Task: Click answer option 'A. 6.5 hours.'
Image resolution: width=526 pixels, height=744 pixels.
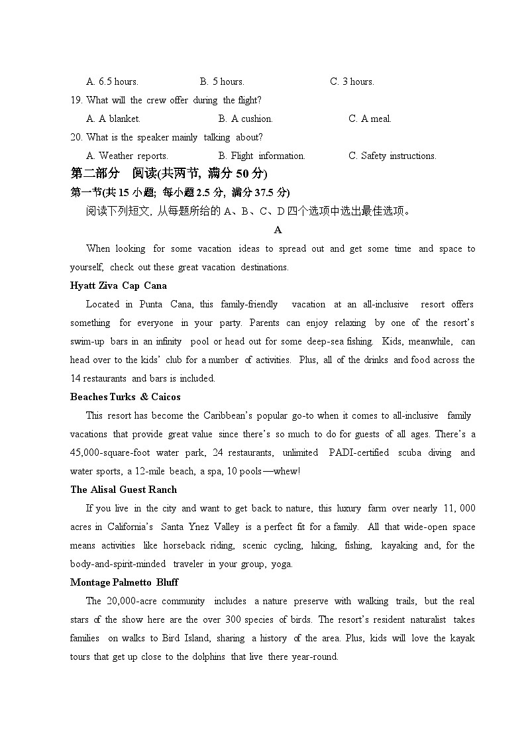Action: click(x=112, y=81)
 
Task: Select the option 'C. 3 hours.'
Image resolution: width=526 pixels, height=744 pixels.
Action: click(x=352, y=81)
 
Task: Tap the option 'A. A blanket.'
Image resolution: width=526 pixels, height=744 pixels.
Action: click(x=113, y=119)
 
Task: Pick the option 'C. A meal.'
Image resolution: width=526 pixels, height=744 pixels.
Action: click(x=370, y=119)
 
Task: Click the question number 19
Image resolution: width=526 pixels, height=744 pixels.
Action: click(x=76, y=100)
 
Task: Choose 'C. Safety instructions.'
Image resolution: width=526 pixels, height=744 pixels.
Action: click(x=392, y=156)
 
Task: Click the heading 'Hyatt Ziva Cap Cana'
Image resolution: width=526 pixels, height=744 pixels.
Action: click(x=119, y=286)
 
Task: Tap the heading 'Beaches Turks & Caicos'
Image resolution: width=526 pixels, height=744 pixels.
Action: click(x=125, y=397)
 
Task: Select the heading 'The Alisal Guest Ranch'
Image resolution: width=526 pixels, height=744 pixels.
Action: click(x=124, y=490)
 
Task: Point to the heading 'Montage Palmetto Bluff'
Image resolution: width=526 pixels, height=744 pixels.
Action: click(x=124, y=582)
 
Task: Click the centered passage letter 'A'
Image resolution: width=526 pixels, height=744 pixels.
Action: click(x=278, y=230)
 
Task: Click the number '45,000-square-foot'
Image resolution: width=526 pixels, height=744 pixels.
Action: click(x=109, y=452)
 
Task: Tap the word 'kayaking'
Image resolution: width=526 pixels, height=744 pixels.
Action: click(x=399, y=545)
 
